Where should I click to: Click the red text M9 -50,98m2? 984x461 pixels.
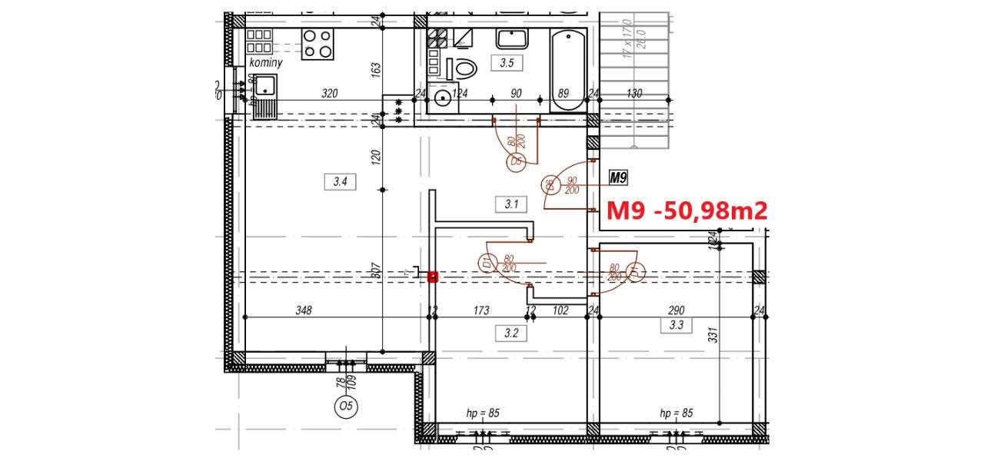coord(687,211)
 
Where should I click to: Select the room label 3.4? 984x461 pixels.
coord(341,182)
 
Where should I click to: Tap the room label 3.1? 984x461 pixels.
coord(511,204)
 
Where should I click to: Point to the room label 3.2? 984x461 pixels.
coord(511,333)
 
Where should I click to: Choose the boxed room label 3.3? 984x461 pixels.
coord(676,325)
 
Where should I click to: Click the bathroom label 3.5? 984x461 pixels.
coord(506,64)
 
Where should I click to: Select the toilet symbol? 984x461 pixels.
coord(464,65)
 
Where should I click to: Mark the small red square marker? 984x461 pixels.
coord(433,276)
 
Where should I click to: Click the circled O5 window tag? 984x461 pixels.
coord(345,407)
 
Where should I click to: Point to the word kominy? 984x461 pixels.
coord(265,62)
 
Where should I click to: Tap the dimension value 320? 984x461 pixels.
coord(329,94)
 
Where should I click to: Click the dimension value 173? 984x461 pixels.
coord(481,310)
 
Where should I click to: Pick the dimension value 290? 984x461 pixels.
coord(676,310)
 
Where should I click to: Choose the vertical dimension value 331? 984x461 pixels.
coord(713,336)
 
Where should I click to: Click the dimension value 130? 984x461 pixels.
coord(634,94)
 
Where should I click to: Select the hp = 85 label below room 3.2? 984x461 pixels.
coord(483,413)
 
